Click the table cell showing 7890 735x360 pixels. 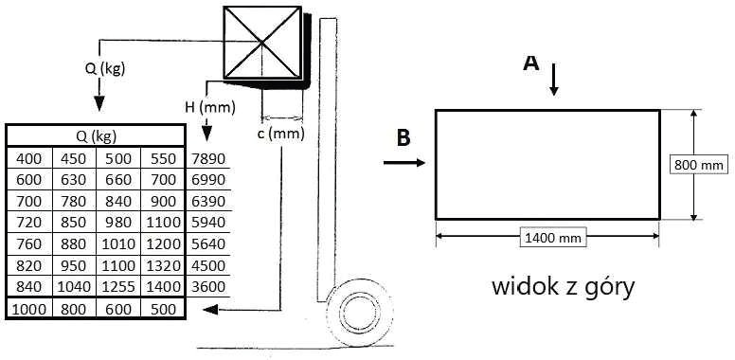[x=208, y=159]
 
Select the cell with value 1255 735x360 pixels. [x=118, y=286]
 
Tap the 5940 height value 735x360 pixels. [x=208, y=223]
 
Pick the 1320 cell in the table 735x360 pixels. [x=164, y=265]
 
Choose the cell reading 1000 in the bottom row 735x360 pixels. [x=29, y=310]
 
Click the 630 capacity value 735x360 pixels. [x=74, y=180]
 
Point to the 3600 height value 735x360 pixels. [x=208, y=286]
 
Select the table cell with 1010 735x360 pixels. [x=118, y=243]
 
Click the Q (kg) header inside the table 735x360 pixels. [x=97, y=136]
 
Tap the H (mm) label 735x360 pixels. [x=209, y=108]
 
